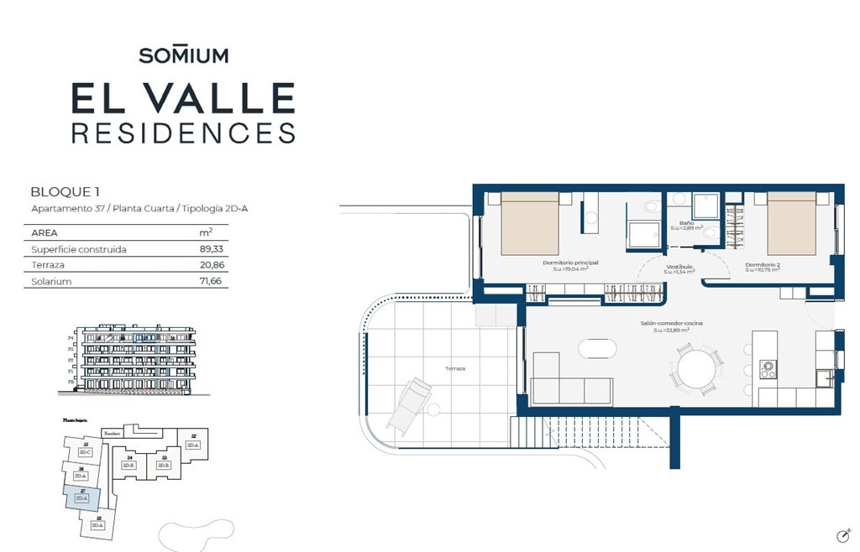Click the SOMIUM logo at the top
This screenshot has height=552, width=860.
click(183, 55)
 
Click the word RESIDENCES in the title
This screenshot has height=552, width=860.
click(183, 133)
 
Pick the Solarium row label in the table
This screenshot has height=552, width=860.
click(51, 282)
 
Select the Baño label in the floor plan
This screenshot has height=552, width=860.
click(686, 223)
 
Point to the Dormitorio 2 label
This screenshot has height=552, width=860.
click(763, 266)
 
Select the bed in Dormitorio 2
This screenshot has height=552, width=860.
click(791, 224)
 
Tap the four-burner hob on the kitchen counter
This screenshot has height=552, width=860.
click(768, 368)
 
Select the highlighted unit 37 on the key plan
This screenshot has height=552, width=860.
click(82, 497)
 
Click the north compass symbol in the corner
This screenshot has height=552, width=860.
click(844, 535)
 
